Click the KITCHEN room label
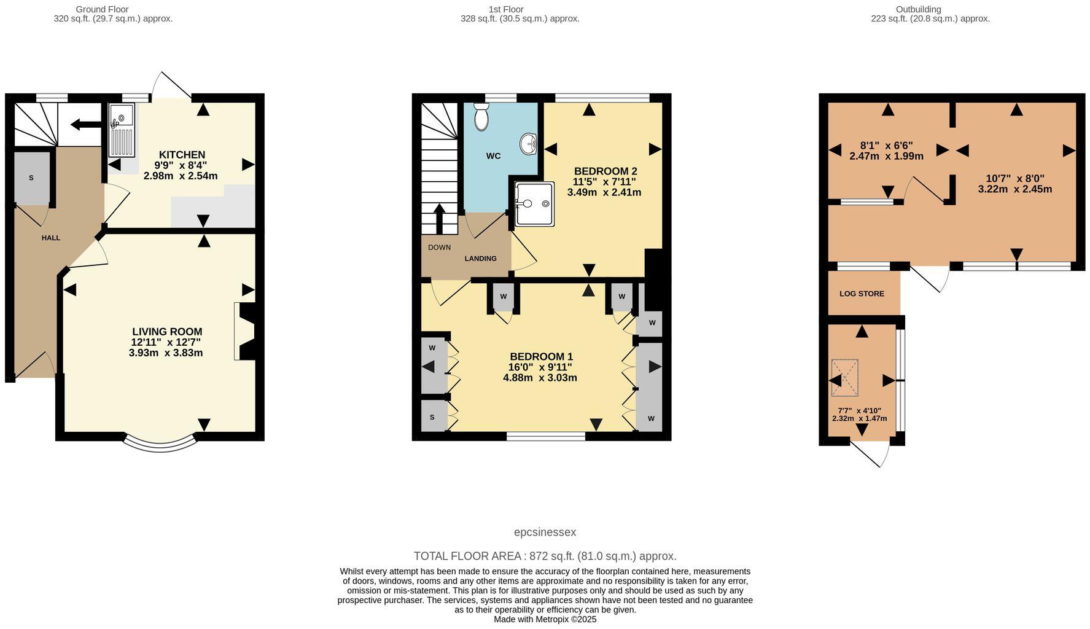click(182, 155)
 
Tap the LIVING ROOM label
click(167, 332)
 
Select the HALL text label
click(51, 238)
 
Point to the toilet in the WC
click(481, 116)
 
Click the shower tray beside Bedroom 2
click(534, 203)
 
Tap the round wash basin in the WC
click(528, 144)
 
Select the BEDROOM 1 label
click(541, 357)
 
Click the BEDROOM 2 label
click(605, 171)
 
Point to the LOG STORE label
click(862, 294)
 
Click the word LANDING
click(480, 259)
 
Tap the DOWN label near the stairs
click(439, 248)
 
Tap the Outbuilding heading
click(918, 9)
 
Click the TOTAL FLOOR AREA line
click(545, 557)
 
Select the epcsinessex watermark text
click(545, 533)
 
